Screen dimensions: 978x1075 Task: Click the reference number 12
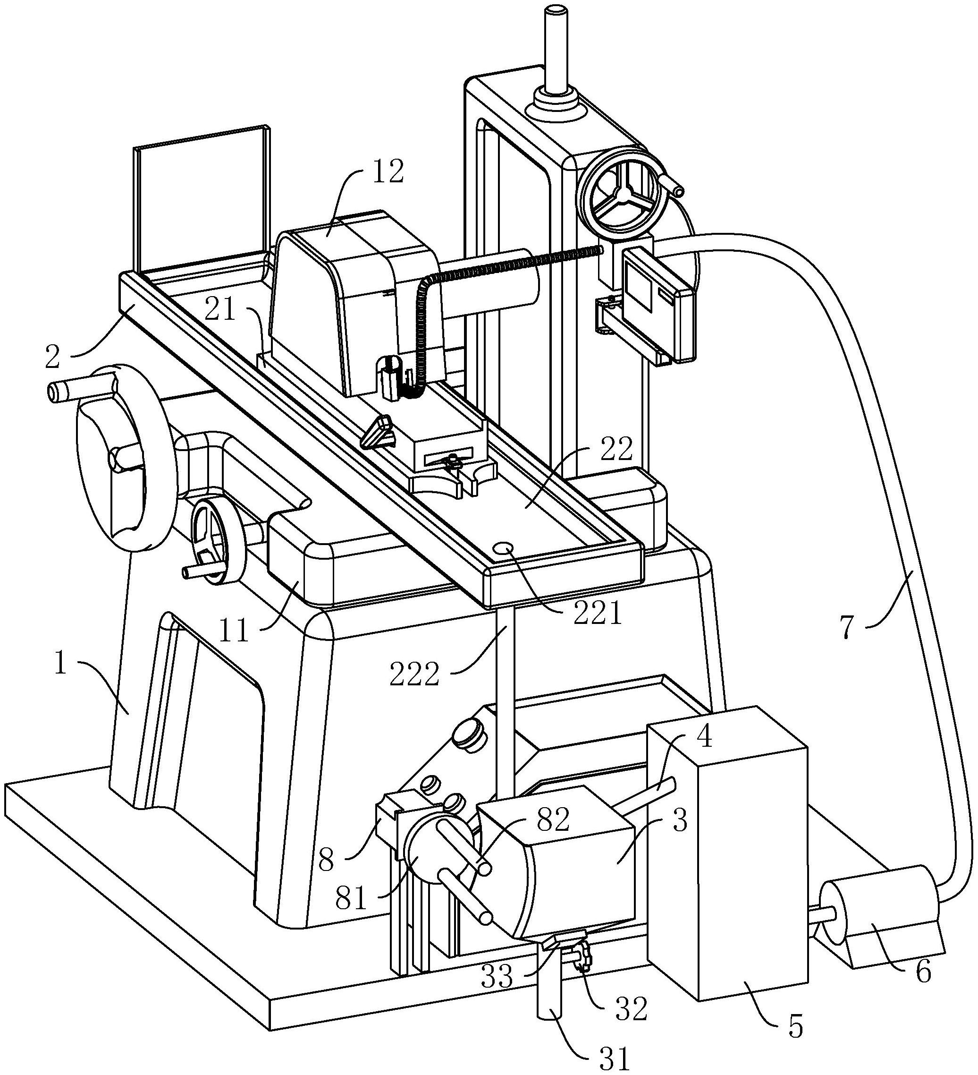pos(388,172)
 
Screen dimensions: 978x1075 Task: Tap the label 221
pos(598,614)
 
